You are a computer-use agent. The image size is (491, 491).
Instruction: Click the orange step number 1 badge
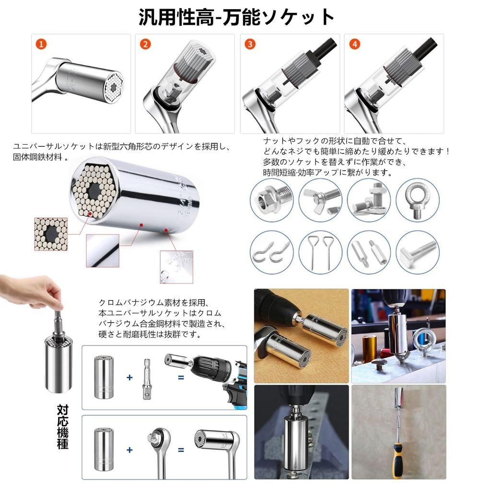[x=42, y=44]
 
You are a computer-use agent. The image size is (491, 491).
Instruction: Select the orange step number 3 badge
[x=250, y=44]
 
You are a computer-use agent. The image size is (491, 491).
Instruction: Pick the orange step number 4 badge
[x=354, y=44]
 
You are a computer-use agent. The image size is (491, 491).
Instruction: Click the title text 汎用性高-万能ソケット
[x=236, y=17]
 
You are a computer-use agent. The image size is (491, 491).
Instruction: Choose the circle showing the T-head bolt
[x=417, y=252]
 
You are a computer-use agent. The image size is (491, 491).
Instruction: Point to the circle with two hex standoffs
[x=368, y=252]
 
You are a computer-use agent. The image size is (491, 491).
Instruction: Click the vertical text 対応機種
[x=62, y=427]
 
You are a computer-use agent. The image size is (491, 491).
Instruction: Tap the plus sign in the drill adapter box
[x=129, y=377]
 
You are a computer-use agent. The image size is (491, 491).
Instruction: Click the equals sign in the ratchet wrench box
[x=181, y=450]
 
